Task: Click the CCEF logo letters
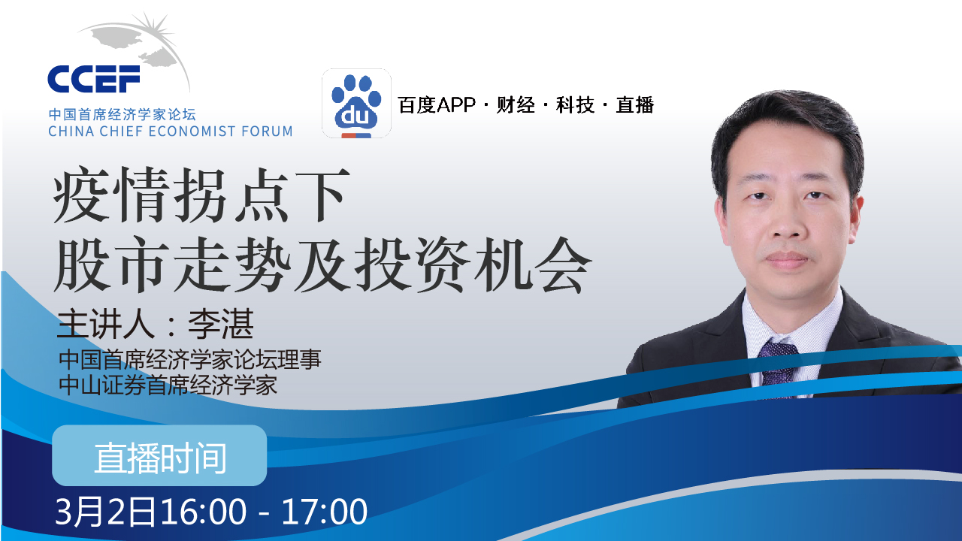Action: tap(93, 78)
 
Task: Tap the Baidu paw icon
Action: tap(356, 103)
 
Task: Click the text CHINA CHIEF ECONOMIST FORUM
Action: tap(170, 131)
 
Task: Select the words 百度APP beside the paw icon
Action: tap(437, 105)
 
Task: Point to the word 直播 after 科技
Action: tap(635, 105)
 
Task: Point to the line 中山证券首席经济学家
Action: tap(169, 385)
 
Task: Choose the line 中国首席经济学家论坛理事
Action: tap(190, 360)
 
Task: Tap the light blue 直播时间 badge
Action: tap(159, 456)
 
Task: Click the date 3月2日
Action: tap(105, 512)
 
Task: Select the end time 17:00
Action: tap(324, 512)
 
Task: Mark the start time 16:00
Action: tap(202, 512)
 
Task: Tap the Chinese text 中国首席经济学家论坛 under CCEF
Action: tap(122, 115)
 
